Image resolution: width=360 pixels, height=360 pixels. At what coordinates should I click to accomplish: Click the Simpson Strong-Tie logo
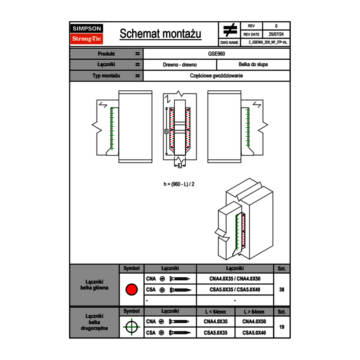tap(87, 34)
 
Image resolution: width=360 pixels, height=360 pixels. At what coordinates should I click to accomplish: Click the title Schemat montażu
tap(160, 34)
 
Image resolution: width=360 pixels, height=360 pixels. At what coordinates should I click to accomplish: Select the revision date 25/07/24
tap(276, 34)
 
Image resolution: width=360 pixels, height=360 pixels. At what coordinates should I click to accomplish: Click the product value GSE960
tap(216, 54)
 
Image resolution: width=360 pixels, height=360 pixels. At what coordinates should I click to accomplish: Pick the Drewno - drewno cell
tap(180, 65)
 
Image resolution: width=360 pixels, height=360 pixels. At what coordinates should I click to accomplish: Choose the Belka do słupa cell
tap(253, 65)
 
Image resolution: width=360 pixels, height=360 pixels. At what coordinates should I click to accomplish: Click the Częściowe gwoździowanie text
tap(216, 76)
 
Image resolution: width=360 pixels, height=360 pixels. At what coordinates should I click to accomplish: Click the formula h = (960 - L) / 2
tap(179, 184)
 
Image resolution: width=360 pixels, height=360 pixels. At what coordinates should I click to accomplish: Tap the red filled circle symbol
tap(131, 290)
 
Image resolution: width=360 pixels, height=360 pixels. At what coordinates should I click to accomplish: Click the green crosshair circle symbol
tap(131, 327)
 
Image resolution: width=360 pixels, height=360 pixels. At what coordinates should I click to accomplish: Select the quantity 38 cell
tap(281, 290)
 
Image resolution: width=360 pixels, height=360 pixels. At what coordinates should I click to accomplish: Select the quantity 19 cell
tap(281, 327)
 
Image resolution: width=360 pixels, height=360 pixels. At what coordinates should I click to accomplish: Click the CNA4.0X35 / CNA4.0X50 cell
tap(235, 279)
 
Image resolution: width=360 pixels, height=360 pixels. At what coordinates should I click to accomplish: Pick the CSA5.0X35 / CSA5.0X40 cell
tap(235, 290)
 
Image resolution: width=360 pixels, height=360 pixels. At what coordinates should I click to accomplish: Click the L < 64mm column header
tap(216, 312)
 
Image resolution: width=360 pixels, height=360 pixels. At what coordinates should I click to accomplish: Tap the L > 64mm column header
tap(254, 312)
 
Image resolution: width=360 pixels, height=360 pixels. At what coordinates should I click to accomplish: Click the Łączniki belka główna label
tap(94, 285)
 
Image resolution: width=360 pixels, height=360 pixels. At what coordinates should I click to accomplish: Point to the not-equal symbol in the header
tap(230, 30)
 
